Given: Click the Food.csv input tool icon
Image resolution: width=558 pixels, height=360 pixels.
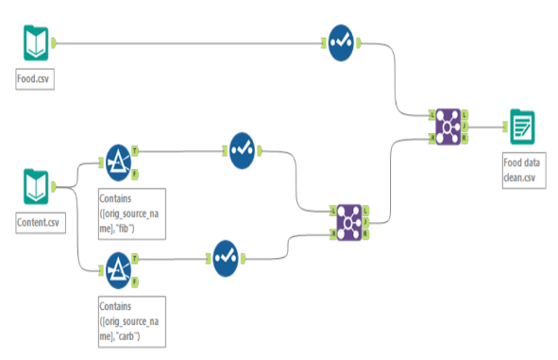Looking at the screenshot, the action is (36, 43).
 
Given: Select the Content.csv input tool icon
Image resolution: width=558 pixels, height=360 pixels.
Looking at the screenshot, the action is (36, 187).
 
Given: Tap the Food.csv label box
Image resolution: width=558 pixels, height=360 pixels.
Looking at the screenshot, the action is (35, 79).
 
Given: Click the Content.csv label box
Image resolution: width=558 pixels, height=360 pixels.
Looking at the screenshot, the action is (41, 223).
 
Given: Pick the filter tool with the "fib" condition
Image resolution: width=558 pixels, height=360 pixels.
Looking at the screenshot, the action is (119, 163).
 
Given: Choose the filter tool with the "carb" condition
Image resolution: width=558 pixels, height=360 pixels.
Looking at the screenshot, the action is (119, 270).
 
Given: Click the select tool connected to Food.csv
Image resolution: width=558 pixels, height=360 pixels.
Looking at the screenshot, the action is (341, 43).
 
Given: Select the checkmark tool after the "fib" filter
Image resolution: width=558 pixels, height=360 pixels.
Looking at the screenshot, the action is (242, 150).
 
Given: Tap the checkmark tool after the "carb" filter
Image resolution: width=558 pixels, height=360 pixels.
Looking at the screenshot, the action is (226, 259).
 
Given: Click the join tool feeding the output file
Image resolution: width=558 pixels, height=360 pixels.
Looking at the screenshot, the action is (448, 127).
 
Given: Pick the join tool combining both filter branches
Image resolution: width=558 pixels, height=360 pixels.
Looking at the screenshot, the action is (349, 223).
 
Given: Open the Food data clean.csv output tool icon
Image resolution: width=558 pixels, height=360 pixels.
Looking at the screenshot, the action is (522, 127).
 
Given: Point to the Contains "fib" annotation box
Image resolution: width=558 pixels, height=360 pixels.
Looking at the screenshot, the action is (132, 214).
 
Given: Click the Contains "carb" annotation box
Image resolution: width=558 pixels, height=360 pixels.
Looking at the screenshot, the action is (132, 321).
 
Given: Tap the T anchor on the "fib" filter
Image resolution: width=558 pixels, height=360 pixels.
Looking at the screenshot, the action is (135, 151).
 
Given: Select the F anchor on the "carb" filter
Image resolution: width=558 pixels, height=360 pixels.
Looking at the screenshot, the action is (135, 283).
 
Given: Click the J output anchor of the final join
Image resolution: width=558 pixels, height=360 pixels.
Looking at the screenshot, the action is (465, 127).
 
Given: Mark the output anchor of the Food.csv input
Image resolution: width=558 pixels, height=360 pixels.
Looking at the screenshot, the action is (54, 43).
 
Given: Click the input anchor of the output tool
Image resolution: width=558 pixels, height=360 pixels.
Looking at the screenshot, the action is (505, 127).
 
